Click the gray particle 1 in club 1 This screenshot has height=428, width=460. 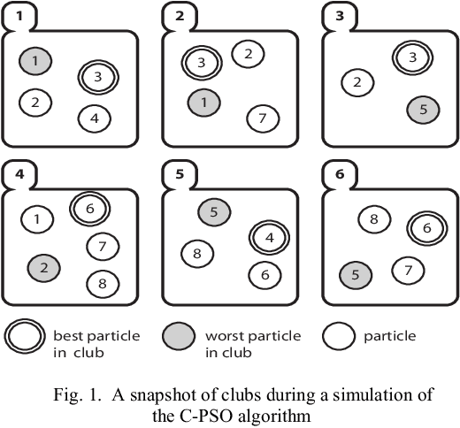point(35,62)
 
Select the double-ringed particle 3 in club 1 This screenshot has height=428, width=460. point(98,77)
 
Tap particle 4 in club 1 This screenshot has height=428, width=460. point(95,117)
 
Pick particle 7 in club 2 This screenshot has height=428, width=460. point(259,117)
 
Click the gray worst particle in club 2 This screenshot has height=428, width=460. point(203,103)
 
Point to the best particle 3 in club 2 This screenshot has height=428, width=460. point(202,63)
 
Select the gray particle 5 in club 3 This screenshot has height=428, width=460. point(423,111)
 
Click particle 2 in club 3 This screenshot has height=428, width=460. point(356,83)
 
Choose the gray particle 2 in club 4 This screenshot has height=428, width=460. point(43,264)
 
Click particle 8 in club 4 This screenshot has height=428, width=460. point(103,284)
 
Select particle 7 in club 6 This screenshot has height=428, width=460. point(407,268)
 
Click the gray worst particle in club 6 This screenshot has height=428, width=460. point(356,275)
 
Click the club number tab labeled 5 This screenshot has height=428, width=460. point(180,173)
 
